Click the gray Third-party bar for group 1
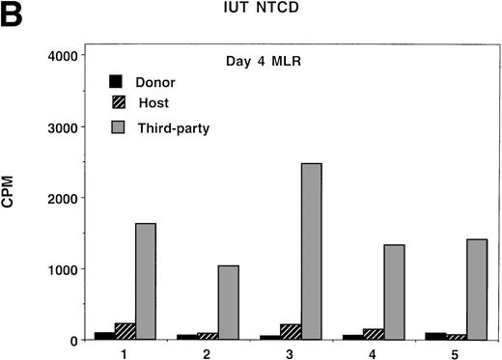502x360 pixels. coord(146,281)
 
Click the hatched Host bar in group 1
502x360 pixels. coord(125,331)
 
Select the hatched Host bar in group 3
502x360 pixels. coord(291,332)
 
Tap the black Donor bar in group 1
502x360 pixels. coord(104,335)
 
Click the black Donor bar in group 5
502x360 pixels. coord(435,335)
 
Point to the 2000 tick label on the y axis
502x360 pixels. coord(58,198)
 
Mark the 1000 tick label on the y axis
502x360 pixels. coord(58,269)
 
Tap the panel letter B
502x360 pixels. coord(13,14)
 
